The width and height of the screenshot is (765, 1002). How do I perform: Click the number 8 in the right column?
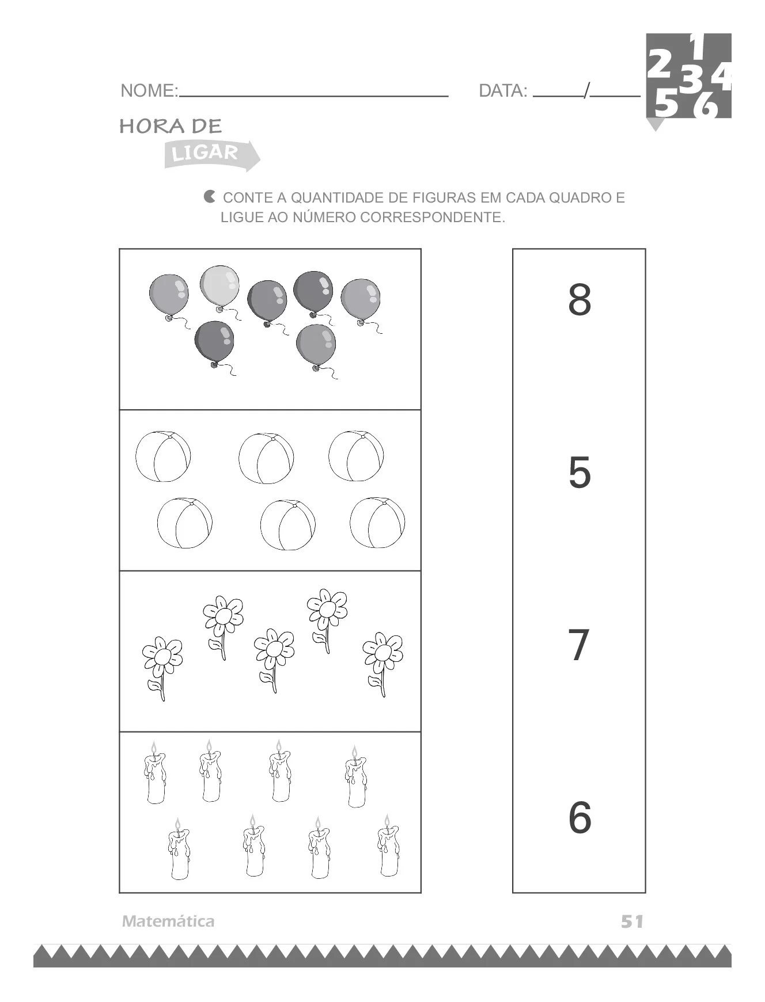point(580,300)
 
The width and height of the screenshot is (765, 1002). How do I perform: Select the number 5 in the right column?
point(580,473)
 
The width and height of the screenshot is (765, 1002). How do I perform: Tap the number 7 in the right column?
point(579,645)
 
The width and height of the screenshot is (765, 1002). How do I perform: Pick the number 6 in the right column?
point(580,817)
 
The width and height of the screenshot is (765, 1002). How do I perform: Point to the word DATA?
point(503,91)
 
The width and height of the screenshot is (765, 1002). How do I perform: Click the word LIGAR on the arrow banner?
point(205,154)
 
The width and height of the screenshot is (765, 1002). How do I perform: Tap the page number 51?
point(632,921)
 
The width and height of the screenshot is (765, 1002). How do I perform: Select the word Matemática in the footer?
point(168,921)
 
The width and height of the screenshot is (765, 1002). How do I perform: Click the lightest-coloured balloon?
point(219,286)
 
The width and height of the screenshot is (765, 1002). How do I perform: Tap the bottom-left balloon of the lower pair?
point(214,342)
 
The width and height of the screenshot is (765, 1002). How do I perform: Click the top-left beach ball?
point(163,456)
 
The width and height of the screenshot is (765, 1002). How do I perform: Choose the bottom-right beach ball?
point(377,523)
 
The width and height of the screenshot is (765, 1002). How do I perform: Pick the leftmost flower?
point(162,662)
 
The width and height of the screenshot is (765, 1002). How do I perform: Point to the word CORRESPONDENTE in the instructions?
point(432,218)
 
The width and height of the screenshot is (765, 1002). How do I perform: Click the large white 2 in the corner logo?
point(660,64)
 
